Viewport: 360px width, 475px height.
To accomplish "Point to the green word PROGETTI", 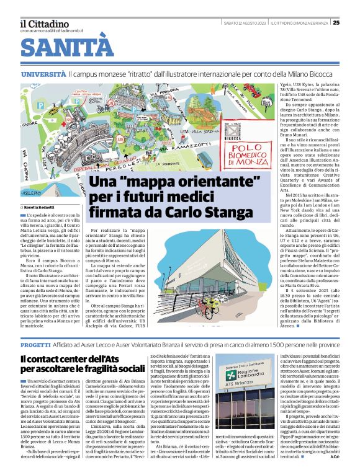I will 35,344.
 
